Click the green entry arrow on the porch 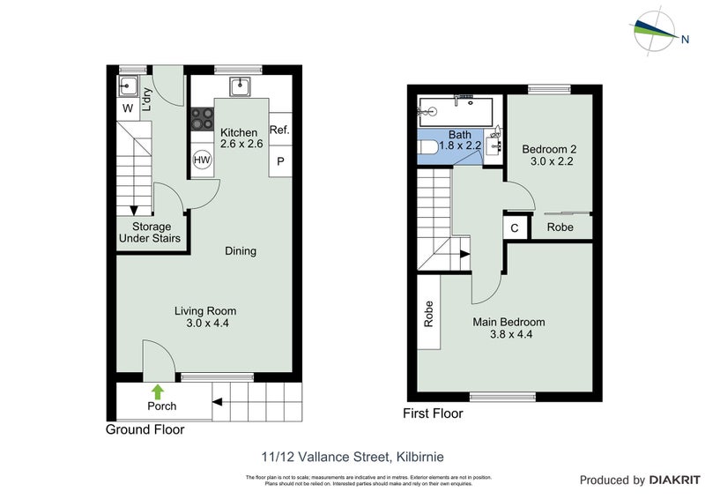point(157,391)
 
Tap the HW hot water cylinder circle point(202,160)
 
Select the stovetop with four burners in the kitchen point(201,118)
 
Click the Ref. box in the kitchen point(280,130)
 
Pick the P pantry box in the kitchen point(280,161)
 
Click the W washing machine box point(127,109)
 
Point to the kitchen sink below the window point(240,87)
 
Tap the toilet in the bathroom point(427,147)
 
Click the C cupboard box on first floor point(514,227)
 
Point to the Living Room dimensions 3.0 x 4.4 point(205,324)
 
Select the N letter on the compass point(684,37)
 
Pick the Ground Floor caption point(145,430)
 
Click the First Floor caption point(432,413)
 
